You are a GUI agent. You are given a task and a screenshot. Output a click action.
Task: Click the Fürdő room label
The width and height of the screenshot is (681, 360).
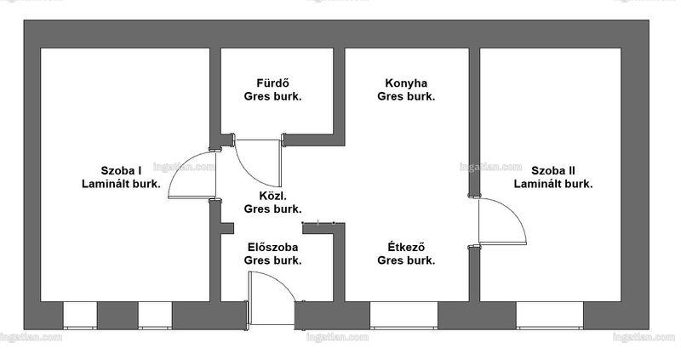click(272, 83)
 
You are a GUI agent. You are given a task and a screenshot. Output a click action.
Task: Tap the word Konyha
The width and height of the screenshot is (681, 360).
click(406, 83)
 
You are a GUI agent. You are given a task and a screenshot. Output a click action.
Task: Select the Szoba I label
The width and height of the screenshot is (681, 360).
click(121, 171)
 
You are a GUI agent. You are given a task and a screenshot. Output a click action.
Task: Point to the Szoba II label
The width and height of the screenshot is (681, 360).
click(552, 171)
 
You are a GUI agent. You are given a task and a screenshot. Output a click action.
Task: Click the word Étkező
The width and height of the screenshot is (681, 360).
click(406, 247)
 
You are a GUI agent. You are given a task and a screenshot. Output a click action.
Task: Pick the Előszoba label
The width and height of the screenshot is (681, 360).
click(272, 247)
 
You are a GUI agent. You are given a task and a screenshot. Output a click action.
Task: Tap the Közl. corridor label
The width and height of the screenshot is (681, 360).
click(272, 196)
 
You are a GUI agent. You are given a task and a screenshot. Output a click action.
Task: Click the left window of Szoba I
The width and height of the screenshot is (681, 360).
click(80, 315)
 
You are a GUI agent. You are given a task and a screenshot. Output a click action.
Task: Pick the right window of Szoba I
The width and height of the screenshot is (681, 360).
click(155, 315)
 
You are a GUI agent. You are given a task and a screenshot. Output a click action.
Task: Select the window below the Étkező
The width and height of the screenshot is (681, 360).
click(403, 315)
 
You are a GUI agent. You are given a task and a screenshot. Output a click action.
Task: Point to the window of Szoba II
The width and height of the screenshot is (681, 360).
click(550, 315)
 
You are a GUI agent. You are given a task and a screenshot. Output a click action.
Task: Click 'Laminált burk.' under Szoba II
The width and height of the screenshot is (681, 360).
click(552, 184)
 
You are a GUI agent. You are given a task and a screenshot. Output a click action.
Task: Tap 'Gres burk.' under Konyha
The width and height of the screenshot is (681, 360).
click(406, 96)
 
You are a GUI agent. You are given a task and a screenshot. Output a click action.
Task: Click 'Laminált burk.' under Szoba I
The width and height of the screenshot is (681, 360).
click(121, 184)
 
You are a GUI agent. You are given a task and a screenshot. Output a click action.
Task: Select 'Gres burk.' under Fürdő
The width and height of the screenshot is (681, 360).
click(272, 96)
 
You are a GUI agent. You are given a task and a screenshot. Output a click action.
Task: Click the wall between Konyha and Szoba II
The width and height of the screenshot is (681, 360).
click(474, 122)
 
